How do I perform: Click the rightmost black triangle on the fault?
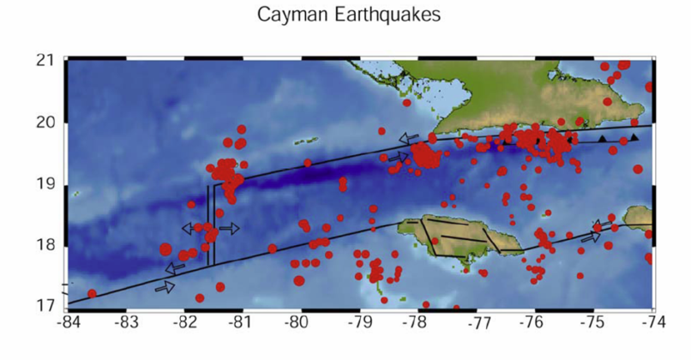coord(634,137)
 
